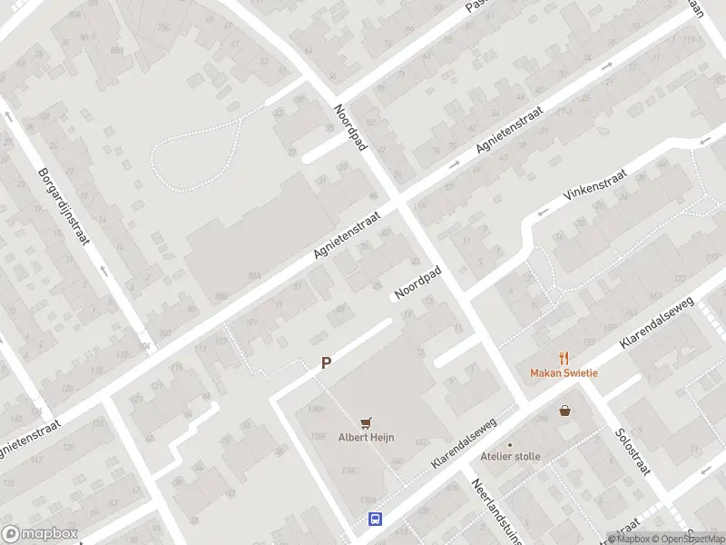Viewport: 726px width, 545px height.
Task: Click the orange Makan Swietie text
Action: pos(564,372)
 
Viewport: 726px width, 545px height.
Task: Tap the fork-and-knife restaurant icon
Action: pos(564,357)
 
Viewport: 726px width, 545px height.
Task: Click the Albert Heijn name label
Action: pos(367,437)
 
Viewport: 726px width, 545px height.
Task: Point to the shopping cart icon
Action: pos(367,422)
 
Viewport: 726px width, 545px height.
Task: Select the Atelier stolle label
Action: pos(510,457)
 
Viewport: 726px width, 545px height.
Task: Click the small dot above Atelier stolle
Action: pos(510,444)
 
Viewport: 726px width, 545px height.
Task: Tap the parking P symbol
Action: pos(326,362)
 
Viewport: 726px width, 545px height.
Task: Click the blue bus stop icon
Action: pos(374,520)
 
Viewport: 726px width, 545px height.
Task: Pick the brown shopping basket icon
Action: pos(565,411)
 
